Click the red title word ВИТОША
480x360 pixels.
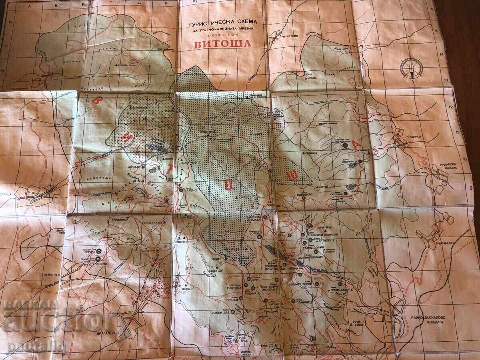coord(223,44)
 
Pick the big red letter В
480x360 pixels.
coord(96,100)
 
